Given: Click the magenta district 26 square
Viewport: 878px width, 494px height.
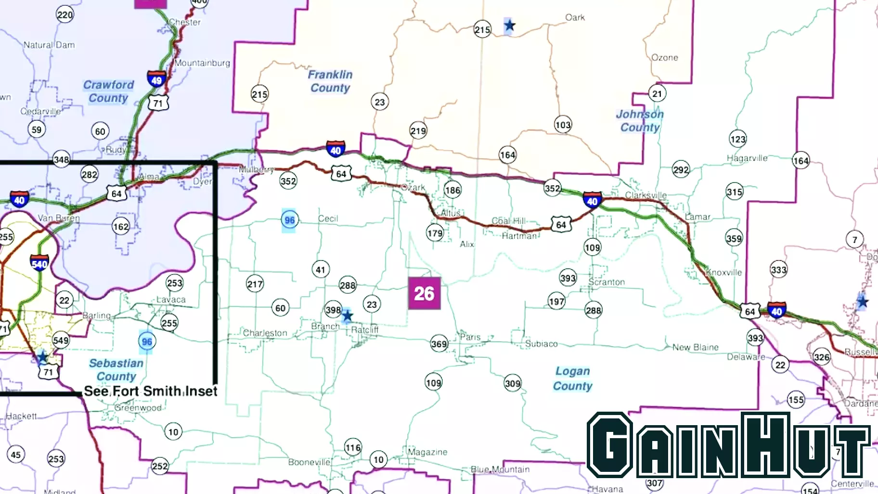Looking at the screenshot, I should (x=424, y=293).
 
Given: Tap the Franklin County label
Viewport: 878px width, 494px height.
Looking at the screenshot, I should (x=330, y=81).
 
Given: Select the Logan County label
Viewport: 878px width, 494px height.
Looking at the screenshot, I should (x=572, y=378).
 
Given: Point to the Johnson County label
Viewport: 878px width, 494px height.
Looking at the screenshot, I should (x=640, y=121).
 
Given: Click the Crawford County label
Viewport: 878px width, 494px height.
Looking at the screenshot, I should (x=108, y=91).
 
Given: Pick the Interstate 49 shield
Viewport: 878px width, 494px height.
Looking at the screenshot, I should (x=156, y=79).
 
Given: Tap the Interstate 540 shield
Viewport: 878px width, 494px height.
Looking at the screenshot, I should (x=39, y=263).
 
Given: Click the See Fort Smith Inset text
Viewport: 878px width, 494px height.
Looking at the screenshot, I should (x=151, y=391).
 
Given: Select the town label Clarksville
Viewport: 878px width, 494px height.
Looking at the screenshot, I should (x=646, y=195).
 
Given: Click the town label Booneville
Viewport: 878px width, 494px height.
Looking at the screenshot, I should (x=309, y=462).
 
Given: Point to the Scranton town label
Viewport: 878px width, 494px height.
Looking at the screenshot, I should (x=607, y=282).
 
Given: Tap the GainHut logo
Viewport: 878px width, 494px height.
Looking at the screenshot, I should (x=728, y=445).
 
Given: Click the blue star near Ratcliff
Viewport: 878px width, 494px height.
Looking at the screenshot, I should (x=347, y=316).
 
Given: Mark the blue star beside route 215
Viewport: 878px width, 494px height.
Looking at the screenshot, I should (x=510, y=25).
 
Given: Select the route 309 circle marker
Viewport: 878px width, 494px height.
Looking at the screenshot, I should (x=513, y=383).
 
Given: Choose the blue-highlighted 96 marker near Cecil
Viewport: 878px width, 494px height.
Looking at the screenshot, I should (x=289, y=220).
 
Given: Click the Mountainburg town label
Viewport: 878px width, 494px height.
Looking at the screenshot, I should (x=202, y=63).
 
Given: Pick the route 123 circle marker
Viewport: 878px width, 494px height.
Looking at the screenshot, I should (x=738, y=139).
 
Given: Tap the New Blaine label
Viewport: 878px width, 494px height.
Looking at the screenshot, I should (x=695, y=347).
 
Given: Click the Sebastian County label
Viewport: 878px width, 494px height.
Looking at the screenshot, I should (x=116, y=370).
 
